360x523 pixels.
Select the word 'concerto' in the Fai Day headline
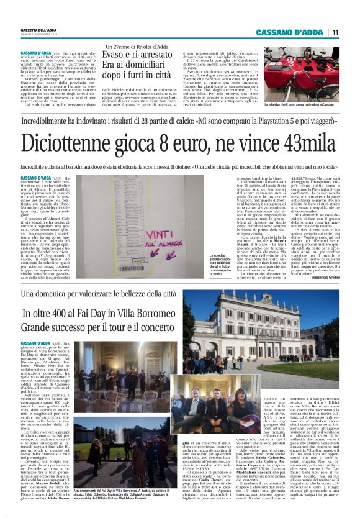pos(160,325)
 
